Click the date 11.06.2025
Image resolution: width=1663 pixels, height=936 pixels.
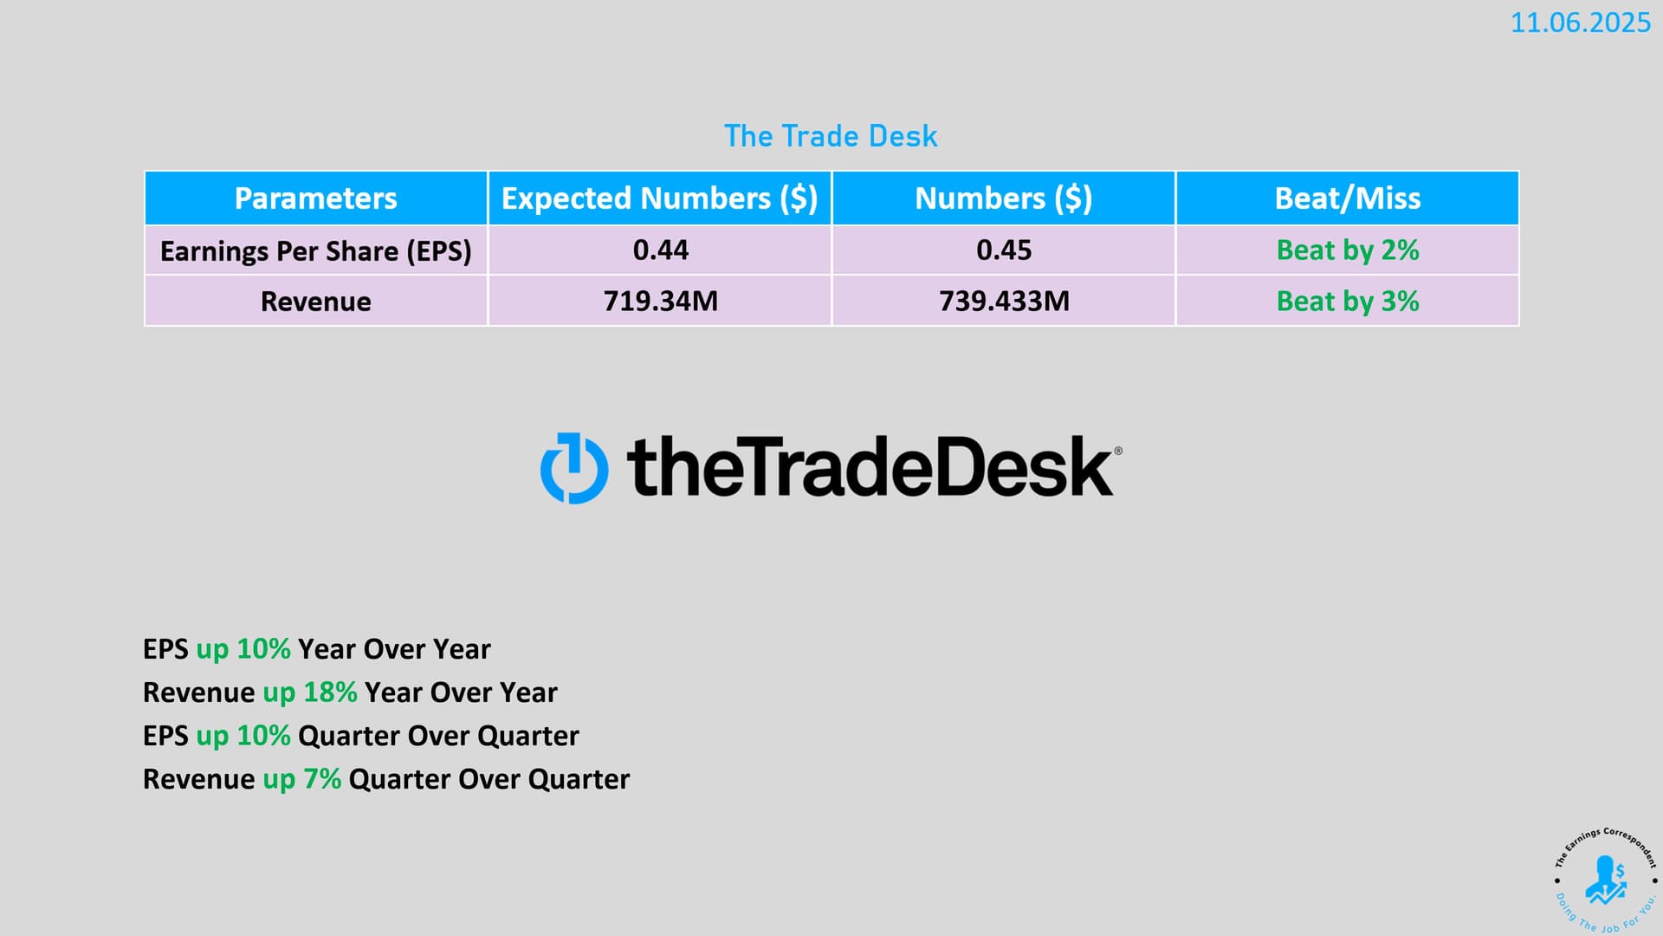(x=1581, y=23)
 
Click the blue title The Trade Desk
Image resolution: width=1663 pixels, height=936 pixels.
(x=831, y=136)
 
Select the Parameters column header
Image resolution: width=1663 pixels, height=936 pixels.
(x=316, y=198)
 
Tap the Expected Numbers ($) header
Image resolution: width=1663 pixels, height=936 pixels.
(x=660, y=198)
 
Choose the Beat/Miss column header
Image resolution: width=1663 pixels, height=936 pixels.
(x=1348, y=198)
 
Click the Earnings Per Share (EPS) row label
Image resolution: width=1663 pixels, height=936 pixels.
(x=316, y=251)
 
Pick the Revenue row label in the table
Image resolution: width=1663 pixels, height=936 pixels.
(x=316, y=302)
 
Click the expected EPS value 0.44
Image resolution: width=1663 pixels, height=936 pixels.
(x=661, y=250)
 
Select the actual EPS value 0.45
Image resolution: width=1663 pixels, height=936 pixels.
(x=1004, y=250)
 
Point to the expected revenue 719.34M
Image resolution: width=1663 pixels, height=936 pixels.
(x=661, y=302)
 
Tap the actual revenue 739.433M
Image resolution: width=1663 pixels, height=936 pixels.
(x=1004, y=302)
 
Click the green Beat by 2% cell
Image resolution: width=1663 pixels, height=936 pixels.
(x=1348, y=250)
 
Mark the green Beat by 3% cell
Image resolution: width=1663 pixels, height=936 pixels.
(x=1348, y=302)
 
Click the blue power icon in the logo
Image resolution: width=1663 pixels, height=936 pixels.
(x=574, y=468)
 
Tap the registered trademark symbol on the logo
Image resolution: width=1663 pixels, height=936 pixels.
(x=1117, y=451)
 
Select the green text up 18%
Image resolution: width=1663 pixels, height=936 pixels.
(x=310, y=692)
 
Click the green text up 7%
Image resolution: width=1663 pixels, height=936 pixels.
(x=301, y=779)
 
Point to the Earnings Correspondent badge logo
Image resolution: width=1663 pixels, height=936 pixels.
(x=1605, y=880)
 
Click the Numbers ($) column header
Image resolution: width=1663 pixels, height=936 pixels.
(x=1004, y=198)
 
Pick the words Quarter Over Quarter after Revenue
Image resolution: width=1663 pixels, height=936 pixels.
(x=489, y=779)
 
